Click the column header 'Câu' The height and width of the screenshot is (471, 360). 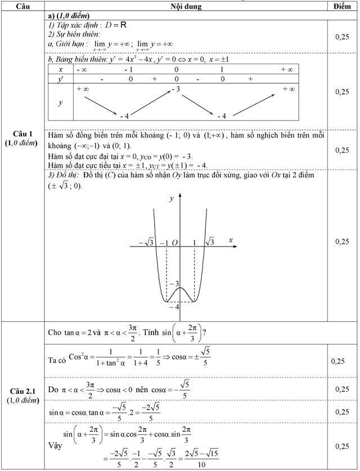pyautogui.click(x=23, y=6)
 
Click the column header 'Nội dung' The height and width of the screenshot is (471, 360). pyautogui.click(x=186, y=6)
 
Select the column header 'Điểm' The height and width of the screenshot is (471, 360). pyautogui.click(x=341, y=6)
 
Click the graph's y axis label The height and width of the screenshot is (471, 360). pyautogui.click(x=172, y=199)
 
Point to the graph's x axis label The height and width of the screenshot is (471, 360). pyautogui.click(x=231, y=240)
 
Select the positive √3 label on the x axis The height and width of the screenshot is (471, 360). pyautogui.click(x=209, y=242)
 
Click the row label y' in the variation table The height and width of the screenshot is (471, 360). pyautogui.click(x=60, y=79)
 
